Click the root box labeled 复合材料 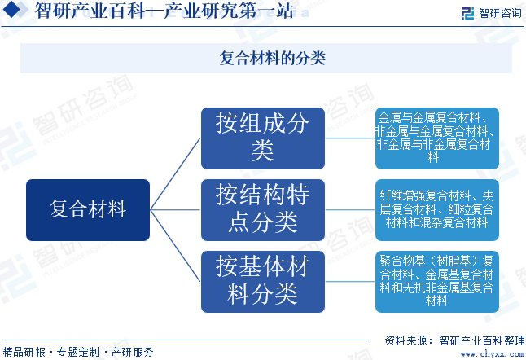pyautogui.click(x=88, y=209)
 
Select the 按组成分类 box pyautogui.click(x=262, y=138)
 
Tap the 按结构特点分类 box pyautogui.click(x=262, y=209)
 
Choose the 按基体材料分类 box pyautogui.click(x=262, y=281)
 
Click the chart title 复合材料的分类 pyautogui.click(x=262, y=59)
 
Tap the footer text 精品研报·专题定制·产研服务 pyautogui.click(x=78, y=352)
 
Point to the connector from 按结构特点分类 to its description pyautogui.click(x=350, y=209)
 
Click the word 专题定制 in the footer pyautogui.click(x=78, y=352)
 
